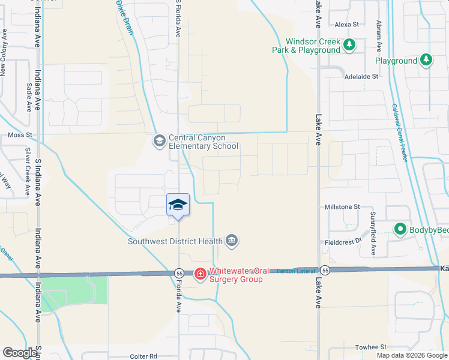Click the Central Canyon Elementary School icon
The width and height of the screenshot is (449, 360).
[159, 141]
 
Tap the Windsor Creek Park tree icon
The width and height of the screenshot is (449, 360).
[349, 44]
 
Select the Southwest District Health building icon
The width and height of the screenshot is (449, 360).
[232, 241]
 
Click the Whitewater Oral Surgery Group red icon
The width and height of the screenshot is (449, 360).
[200, 274]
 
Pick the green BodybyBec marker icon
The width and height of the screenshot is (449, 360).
[399, 229]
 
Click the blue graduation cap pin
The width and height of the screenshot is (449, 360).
[178, 205]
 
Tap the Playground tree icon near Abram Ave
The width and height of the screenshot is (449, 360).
[426, 59]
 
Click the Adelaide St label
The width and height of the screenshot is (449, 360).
[361, 77]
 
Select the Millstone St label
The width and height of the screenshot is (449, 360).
[342, 206]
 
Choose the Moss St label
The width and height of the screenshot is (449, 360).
[19, 136]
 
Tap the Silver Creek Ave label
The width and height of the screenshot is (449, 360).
[28, 170]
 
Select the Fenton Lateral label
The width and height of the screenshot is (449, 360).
[296, 271]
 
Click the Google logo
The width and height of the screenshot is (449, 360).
[20, 353]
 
